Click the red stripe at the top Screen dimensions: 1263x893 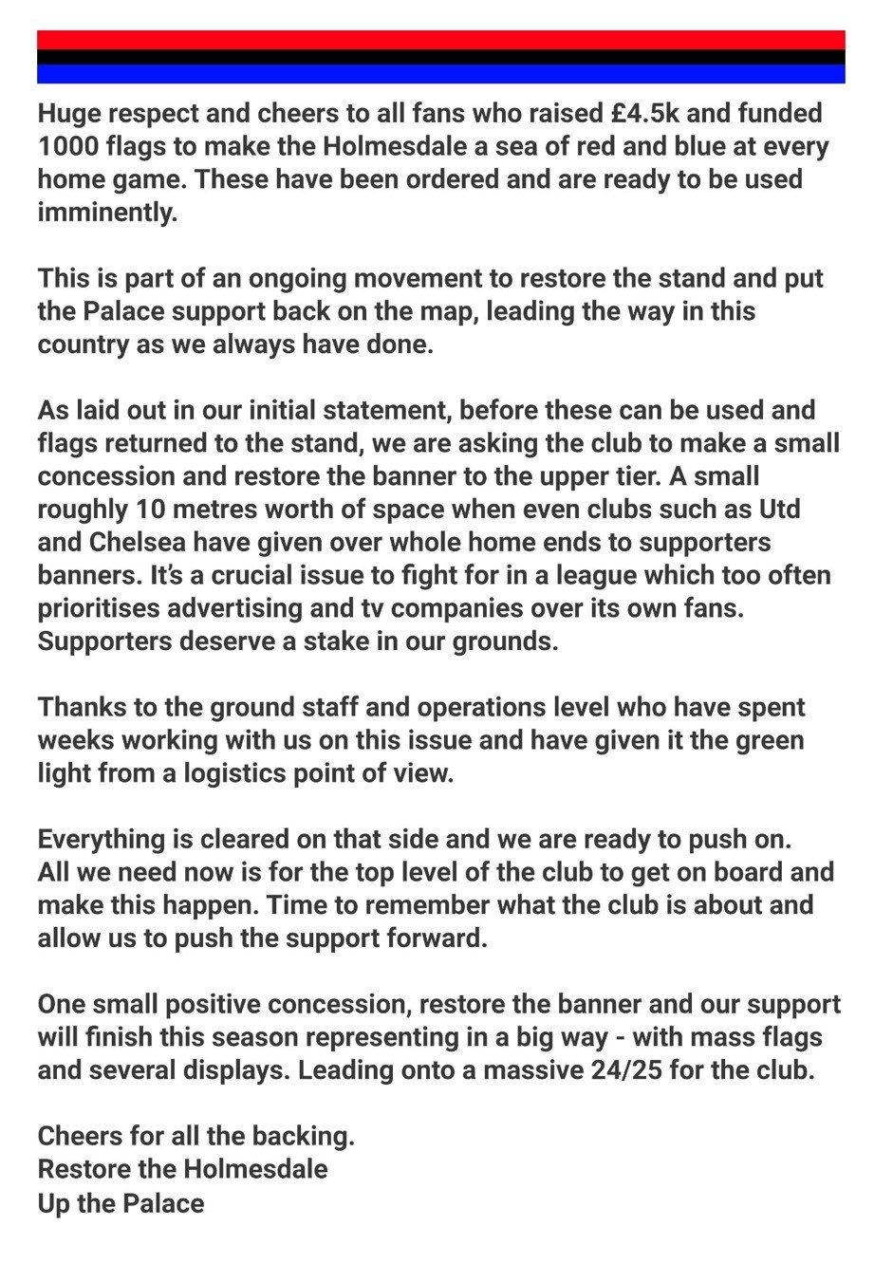click(441, 40)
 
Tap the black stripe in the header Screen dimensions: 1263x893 click(441, 57)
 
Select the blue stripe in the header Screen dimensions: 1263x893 click(441, 73)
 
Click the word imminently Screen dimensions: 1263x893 click(107, 214)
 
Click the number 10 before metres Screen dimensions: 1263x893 click(153, 509)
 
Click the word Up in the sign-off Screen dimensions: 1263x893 click(53, 1203)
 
